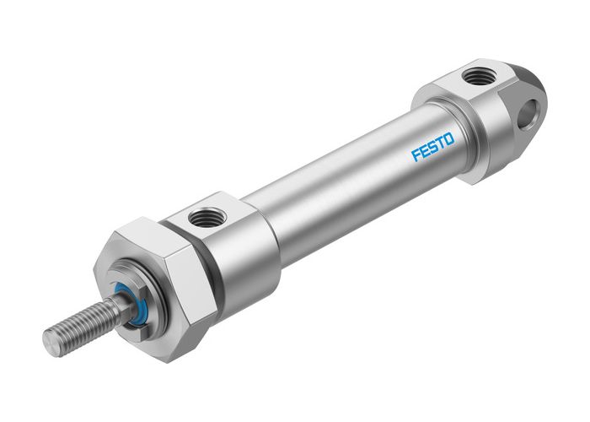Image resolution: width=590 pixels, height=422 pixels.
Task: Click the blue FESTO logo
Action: [x=432, y=149]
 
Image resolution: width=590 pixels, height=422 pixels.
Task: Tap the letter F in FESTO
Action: [x=416, y=156]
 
